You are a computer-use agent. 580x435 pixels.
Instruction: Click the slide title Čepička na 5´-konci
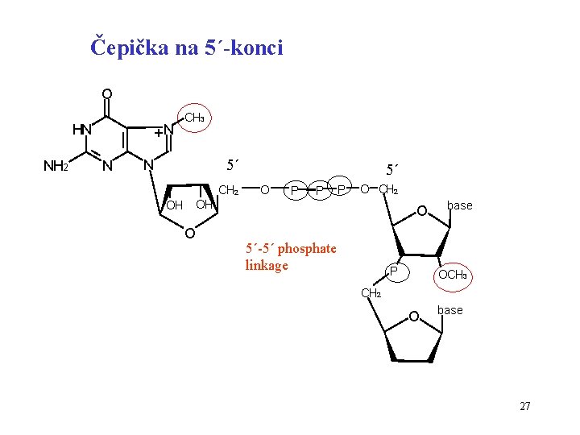187,48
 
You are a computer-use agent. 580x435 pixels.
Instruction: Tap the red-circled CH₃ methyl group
194,118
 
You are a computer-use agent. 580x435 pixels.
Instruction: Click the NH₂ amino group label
55,167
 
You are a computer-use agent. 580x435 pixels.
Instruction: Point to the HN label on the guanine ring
82,130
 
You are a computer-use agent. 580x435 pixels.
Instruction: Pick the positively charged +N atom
165,130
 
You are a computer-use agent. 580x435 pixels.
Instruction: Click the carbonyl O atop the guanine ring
106,93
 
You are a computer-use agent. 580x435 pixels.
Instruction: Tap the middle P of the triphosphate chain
319,190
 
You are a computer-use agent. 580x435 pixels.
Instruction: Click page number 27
524,406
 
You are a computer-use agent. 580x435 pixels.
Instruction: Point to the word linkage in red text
266,265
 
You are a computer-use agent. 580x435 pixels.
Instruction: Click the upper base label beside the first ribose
460,205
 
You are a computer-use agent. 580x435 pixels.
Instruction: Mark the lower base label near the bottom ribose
449,310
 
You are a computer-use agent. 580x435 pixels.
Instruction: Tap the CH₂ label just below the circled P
371,293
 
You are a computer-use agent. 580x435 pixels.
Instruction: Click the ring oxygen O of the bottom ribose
414,316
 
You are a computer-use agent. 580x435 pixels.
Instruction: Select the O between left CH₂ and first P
265,189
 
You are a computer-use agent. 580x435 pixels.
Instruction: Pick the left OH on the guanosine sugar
174,205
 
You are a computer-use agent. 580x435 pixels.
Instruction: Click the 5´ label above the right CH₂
394,170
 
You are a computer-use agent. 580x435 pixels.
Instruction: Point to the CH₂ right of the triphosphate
389,190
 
